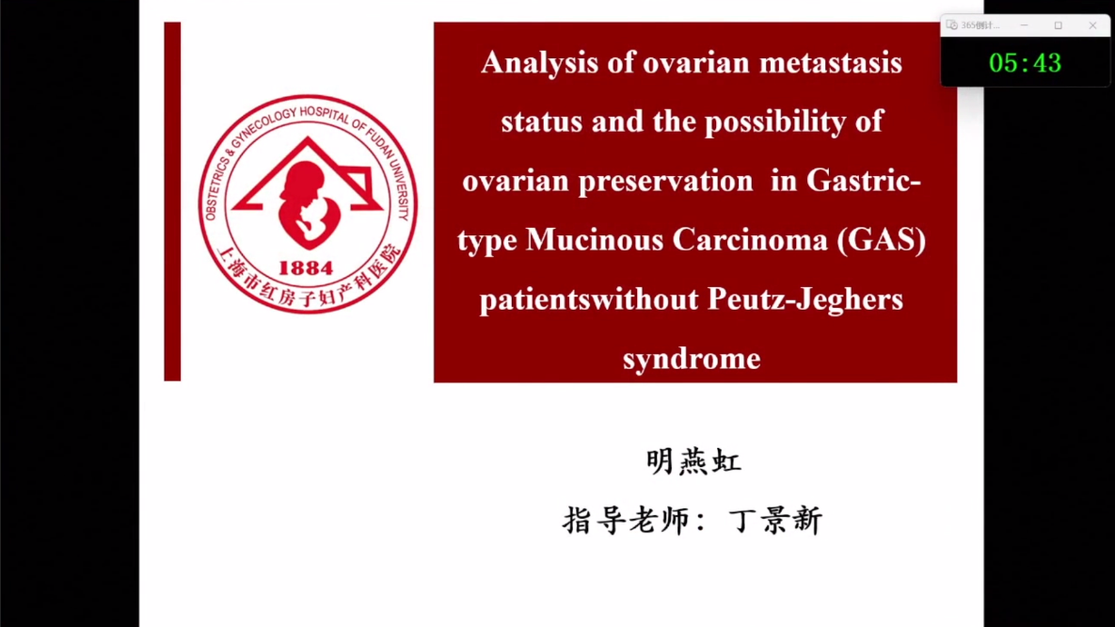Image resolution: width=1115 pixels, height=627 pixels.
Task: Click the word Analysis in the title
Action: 539,64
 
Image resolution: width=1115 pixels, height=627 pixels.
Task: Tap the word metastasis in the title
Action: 831,63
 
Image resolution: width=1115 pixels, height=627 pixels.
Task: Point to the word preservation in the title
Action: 665,182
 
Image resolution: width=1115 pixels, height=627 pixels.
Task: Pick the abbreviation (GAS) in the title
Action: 882,240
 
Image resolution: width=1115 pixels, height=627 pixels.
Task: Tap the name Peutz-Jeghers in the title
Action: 804,299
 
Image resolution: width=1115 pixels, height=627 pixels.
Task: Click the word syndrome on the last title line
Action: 692,359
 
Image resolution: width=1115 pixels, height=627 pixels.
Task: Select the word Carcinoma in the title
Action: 750,240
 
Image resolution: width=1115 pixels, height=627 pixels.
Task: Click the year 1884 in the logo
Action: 306,268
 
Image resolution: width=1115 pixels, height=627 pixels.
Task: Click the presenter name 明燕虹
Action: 693,462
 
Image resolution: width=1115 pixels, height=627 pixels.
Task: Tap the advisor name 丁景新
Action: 776,521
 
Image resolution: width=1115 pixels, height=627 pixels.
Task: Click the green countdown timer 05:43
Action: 1025,63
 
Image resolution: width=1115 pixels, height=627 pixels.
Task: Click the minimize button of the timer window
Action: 1024,25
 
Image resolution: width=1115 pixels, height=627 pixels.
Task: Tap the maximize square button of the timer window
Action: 1059,25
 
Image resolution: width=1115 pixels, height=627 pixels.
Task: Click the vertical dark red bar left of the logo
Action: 172,201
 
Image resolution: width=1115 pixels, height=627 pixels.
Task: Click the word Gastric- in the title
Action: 863,181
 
